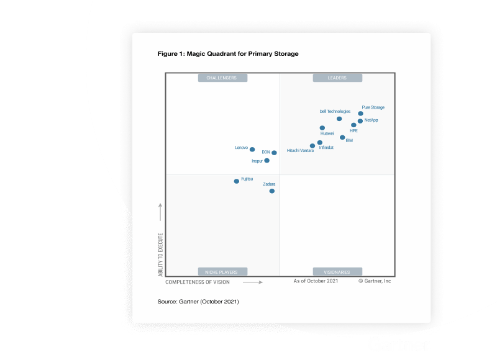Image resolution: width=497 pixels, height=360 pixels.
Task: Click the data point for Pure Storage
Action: tap(360, 114)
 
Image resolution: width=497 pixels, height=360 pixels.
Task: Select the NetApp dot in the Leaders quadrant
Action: tap(360, 121)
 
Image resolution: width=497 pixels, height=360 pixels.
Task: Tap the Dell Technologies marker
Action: tap(339, 119)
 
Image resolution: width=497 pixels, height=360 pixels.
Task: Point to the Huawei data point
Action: tap(322, 128)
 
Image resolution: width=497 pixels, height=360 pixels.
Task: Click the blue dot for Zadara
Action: tap(272, 191)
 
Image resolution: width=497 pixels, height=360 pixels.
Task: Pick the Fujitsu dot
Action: tap(236, 181)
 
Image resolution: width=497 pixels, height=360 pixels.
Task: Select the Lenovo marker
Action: tap(252, 150)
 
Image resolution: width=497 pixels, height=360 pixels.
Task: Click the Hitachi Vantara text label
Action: tap(300, 151)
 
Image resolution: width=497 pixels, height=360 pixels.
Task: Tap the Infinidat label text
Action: tap(326, 148)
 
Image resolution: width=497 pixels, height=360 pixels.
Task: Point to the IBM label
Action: tap(349, 141)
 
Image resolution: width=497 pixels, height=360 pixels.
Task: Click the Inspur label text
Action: tap(257, 161)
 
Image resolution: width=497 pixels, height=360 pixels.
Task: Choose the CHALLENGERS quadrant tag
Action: tap(222, 78)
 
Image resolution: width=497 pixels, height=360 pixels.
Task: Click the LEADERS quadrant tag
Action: tap(337, 78)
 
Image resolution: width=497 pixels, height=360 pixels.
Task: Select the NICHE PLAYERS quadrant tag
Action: tap(222, 272)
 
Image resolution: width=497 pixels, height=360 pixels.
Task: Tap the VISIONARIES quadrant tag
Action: tap(337, 272)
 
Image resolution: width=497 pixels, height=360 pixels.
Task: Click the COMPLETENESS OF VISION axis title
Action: tap(198, 282)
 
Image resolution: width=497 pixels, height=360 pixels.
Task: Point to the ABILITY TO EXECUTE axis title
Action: tap(160, 254)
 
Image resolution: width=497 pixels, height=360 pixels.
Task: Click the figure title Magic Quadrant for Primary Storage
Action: tap(228, 54)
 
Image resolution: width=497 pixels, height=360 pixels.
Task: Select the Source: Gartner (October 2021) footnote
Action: tap(198, 302)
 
